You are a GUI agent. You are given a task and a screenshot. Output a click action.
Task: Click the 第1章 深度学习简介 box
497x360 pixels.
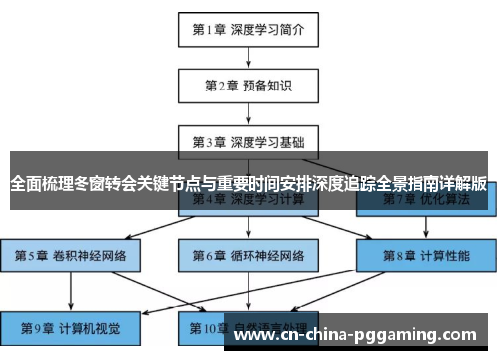(248, 30)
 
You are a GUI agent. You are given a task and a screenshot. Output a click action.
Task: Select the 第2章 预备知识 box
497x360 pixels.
(248, 87)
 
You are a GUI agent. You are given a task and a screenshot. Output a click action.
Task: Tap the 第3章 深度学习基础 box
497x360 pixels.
(248, 141)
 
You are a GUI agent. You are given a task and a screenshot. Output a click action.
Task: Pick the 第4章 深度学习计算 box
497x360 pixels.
(248, 200)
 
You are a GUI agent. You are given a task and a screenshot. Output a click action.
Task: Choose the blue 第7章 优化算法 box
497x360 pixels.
(417, 200)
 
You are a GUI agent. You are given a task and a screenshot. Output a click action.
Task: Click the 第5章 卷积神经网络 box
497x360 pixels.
(71, 255)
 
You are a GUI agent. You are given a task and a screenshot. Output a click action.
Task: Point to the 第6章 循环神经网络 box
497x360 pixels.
(248, 255)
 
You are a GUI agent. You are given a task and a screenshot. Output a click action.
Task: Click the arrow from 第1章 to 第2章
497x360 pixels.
(248, 59)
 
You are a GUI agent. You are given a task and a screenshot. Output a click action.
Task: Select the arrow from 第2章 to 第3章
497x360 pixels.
(248, 114)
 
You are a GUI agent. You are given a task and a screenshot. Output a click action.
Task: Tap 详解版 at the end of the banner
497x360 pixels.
(463, 183)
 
